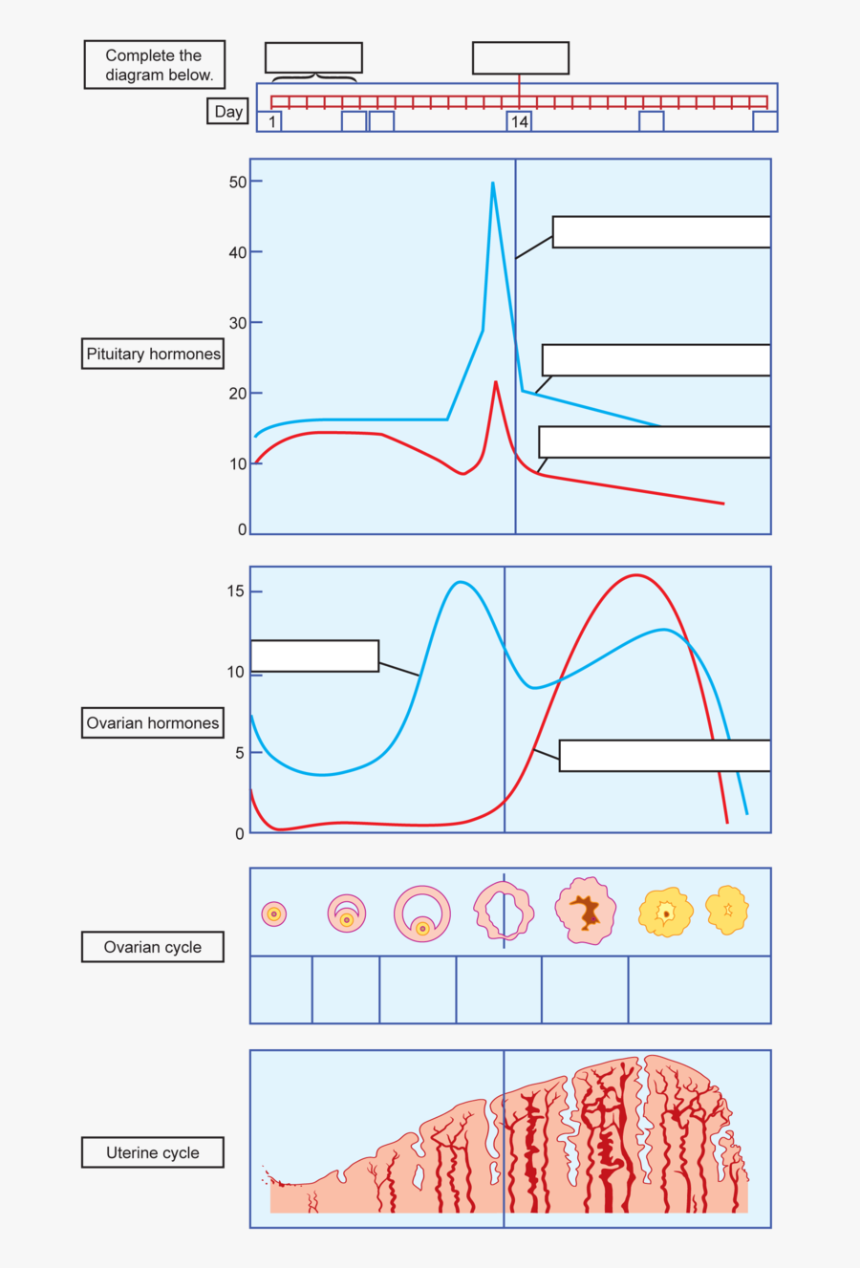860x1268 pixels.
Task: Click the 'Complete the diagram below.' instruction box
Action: point(154,65)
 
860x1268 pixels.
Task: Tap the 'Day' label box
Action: point(228,112)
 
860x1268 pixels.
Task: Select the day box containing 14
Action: point(519,121)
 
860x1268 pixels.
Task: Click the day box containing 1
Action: point(270,121)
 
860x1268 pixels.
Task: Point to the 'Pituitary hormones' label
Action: point(153,354)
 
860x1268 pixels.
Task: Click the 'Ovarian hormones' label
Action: point(153,722)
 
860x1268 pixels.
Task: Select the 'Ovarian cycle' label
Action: point(153,947)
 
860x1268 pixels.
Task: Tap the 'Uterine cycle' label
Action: point(153,1152)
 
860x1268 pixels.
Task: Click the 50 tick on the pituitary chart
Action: point(238,182)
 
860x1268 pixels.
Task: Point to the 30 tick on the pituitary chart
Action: point(238,323)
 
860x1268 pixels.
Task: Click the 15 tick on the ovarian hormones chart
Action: point(236,591)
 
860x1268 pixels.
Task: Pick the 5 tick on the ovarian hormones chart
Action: point(240,753)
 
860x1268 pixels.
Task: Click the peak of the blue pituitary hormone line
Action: point(493,183)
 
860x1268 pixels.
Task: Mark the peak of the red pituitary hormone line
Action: point(495,382)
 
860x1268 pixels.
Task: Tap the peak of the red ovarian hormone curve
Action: point(636,575)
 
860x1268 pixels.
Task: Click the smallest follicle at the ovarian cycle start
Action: point(274,913)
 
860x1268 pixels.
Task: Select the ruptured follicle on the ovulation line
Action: point(504,911)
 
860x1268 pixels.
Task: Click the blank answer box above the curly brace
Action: point(313,57)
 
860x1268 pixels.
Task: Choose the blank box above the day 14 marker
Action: point(521,57)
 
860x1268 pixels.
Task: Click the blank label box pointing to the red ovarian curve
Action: point(664,755)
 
